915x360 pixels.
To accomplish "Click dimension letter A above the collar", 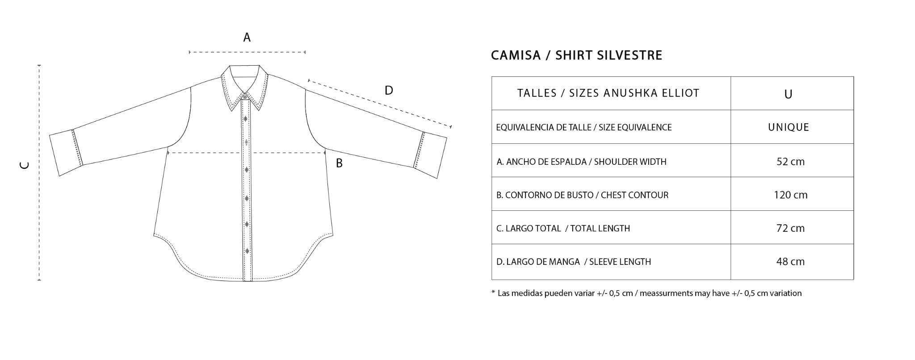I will [x=247, y=38].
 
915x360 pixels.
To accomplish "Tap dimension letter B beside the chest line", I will [x=339, y=163].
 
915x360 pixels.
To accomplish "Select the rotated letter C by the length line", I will [x=25, y=165].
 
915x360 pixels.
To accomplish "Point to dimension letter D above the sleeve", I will [x=389, y=91].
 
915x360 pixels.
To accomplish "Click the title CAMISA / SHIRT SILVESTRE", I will [x=576, y=55].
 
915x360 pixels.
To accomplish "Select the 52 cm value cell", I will [x=790, y=162].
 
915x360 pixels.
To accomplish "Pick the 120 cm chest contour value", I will [x=790, y=195].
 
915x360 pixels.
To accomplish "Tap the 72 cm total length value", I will [x=790, y=228].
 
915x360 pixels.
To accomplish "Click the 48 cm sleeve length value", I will [x=790, y=262].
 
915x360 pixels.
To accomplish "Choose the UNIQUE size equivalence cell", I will [x=789, y=127].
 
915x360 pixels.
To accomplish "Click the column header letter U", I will [x=788, y=94].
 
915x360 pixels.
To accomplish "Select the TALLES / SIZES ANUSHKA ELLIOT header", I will [x=608, y=93].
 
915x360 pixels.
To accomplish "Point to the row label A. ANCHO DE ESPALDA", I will [x=581, y=162].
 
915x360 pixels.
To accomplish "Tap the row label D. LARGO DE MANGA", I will [x=574, y=262].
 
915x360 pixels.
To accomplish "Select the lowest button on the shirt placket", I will [x=247, y=251].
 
